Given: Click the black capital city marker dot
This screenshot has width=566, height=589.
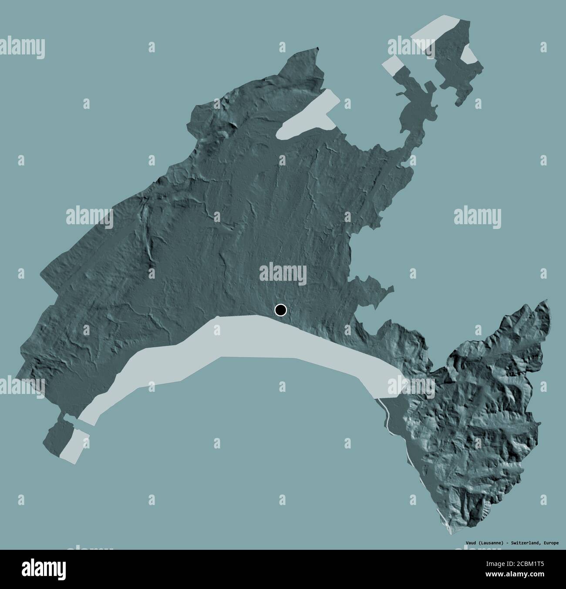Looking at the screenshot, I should click(281, 310).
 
